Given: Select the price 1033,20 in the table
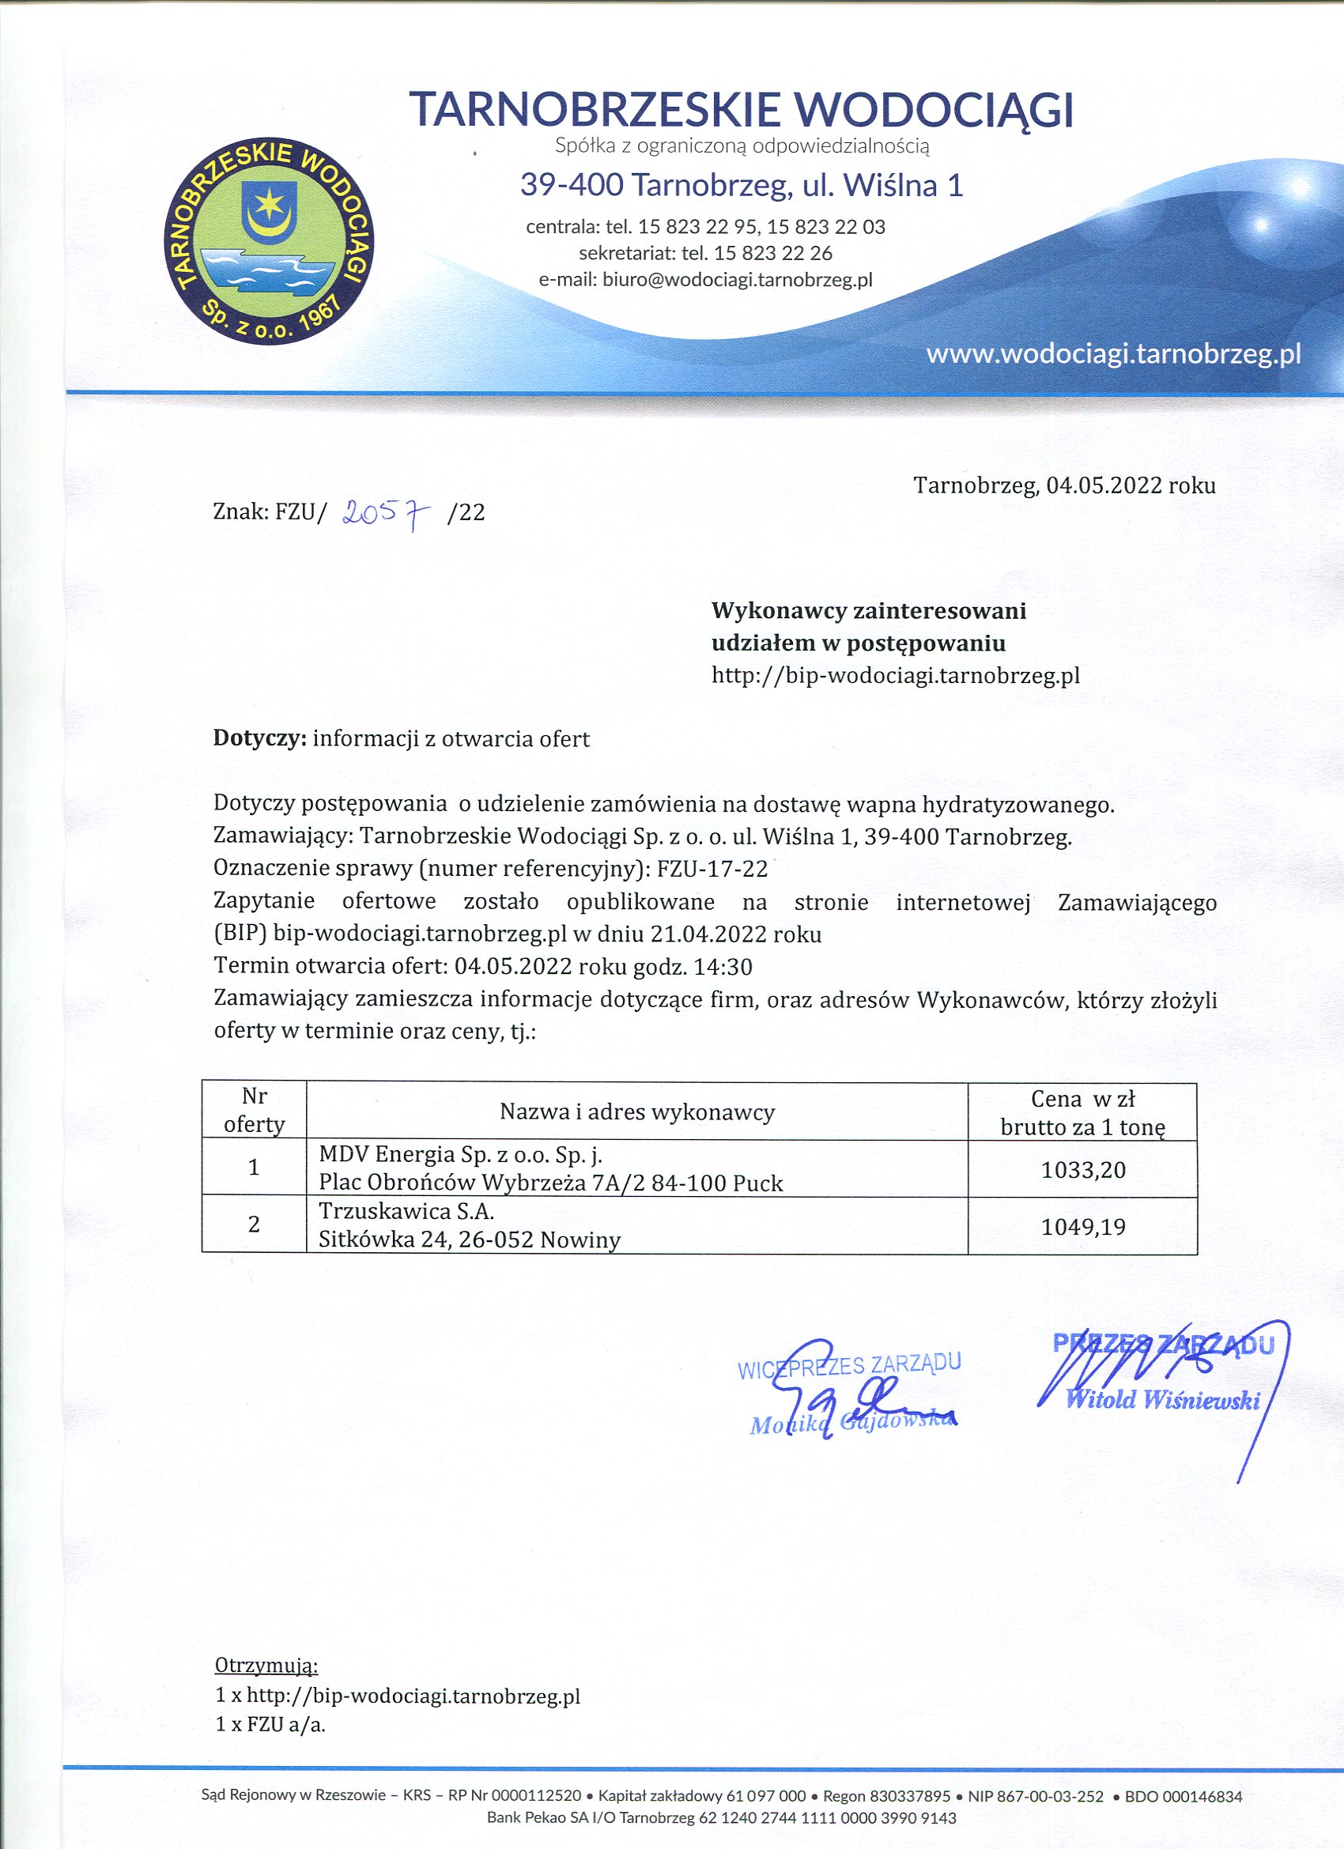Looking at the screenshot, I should (x=1083, y=1171).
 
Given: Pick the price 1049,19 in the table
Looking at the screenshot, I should (x=1083, y=1227).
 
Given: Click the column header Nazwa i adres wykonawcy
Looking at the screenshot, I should (x=637, y=1112).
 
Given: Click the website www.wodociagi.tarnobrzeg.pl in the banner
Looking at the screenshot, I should (x=1113, y=354).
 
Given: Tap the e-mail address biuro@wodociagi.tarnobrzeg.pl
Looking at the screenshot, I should (x=738, y=281).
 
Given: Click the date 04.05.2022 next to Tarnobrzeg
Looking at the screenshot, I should (x=1104, y=486).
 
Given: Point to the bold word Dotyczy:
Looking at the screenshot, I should (x=259, y=738).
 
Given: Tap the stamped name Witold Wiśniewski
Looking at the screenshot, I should (x=1163, y=1401).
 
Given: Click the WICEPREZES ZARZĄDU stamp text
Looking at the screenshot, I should (x=849, y=1365).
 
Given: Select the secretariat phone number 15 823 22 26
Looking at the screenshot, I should (x=772, y=254).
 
